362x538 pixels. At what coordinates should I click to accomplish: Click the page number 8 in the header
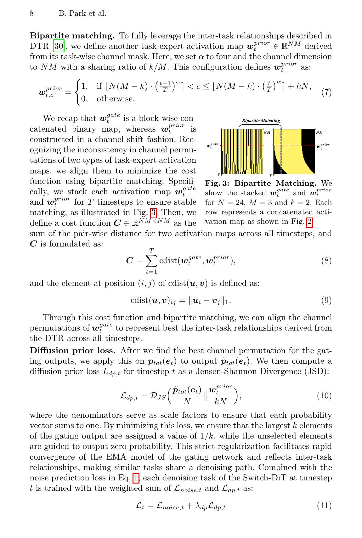point(32,14)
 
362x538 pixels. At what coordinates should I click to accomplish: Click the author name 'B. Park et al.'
point(82,14)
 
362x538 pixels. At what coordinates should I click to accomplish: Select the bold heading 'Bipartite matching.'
point(72,36)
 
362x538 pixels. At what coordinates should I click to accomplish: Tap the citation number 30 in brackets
point(58,47)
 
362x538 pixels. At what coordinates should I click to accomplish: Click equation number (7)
point(326,93)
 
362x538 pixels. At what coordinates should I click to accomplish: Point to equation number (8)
point(326,261)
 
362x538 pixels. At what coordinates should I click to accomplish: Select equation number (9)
point(326,300)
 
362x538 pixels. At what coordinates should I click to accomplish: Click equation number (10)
point(324,395)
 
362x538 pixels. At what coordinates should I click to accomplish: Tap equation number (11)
point(324,506)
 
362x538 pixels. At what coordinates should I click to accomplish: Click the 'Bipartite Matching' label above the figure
point(261,121)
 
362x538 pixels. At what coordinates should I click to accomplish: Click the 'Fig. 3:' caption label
point(218,184)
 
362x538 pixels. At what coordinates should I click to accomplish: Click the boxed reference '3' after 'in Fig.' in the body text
point(154,213)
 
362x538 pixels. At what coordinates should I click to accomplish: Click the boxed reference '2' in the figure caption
point(310,222)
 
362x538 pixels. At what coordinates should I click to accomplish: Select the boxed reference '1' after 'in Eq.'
point(136,478)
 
